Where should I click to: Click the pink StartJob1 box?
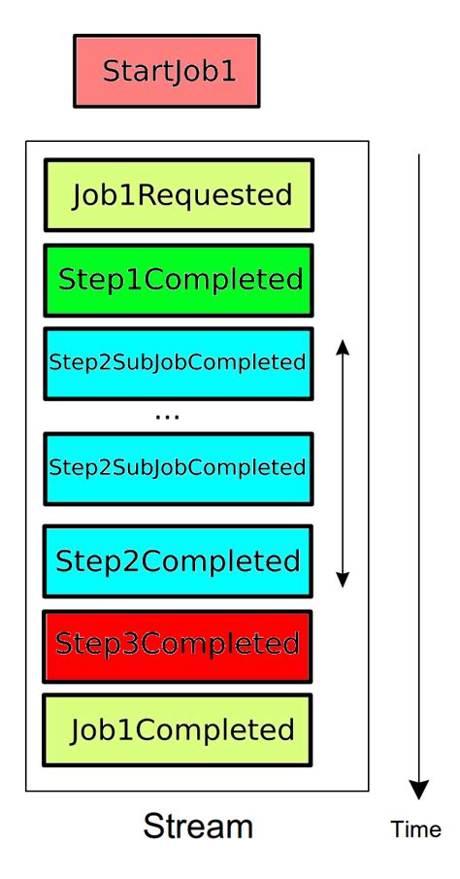(x=166, y=71)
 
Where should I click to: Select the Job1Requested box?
(x=179, y=194)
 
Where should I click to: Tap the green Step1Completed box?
(x=179, y=281)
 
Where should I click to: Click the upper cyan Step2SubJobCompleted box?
(x=179, y=363)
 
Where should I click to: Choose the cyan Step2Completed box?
(x=179, y=560)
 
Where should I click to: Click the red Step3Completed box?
(x=179, y=644)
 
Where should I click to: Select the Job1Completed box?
(x=179, y=728)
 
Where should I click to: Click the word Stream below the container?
(x=198, y=827)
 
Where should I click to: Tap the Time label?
(x=415, y=829)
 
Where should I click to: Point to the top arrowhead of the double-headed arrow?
(x=342, y=346)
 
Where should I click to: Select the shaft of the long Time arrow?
(x=419, y=466)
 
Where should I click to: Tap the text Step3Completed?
(x=178, y=644)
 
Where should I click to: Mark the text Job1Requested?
(x=181, y=194)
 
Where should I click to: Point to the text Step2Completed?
(x=178, y=560)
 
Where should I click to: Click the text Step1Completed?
(x=181, y=281)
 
